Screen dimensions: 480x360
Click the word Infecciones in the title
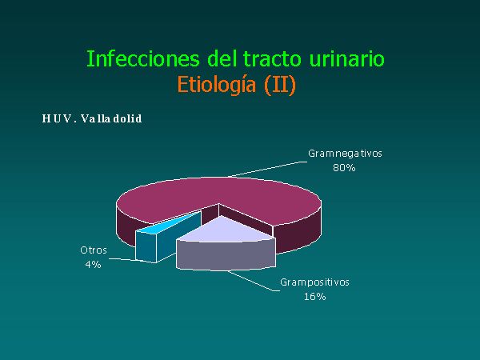pyautogui.click(x=143, y=58)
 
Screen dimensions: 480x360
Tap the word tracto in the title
pyautogui.click(x=272, y=58)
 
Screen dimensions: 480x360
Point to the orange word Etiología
pyautogui.click(x=217, y=85)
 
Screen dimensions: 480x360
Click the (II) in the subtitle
pyautogui.click(x=280, y=85)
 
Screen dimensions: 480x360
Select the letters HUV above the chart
pyautogui.click(x=57, y=118)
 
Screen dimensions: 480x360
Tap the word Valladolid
pyautogui.click(x=111, y=118)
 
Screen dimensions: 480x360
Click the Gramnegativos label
pyautogui.click(x=345, y=154)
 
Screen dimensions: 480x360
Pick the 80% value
pyautogui.click(x=344, y=168)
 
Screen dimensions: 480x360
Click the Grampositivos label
pyautogui.click(x=314, y=282)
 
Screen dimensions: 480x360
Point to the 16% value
pyautogui.click(x=314, y=296)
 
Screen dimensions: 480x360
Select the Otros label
pyautogui.click(x=94, y=250)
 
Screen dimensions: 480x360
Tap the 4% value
pyautogui.click(x=94, y=264)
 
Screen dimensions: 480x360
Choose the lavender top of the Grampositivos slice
pyautogui.click(x=224, y=230)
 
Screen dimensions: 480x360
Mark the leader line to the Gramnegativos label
pyautogui.click(x=267, y=170)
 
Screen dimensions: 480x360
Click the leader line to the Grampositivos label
pyautogui.click(x=253, y=281)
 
